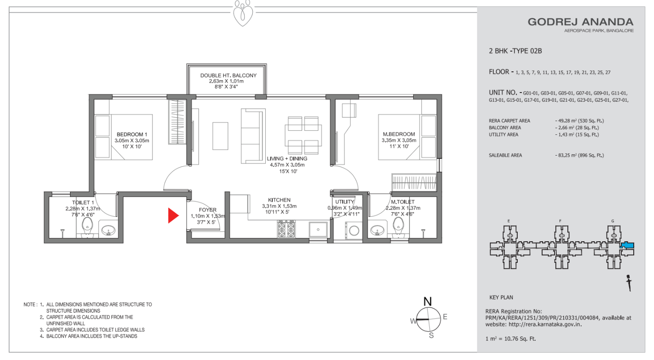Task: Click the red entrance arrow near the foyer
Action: pyautogui.click(x=173, y=215)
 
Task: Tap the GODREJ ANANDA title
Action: pyautogui.click(x=580, y=22)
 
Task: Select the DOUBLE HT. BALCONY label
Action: pyautogui.click(x=228, y=75)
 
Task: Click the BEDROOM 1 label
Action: pyautogui.click(x=132, y=134)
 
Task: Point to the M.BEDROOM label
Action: pyautogui.click(x=399, y=134)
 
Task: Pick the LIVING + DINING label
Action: pyautogui.click(x=287, y=158)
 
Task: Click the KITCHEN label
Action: pyautogui.click(x=279, y=200)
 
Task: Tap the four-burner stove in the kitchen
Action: pyautogui.click(x=286, y=229)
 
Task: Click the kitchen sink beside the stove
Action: pyautogui.click(x=318, y=230)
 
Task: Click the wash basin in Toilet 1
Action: pyautogui.click(x=108, y=231)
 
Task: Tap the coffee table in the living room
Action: pyautogui.click(x=220, y=136)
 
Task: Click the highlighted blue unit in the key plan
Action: pyautogui.click(x=627, y=245)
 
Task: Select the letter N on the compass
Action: pyautogui.click(x=427, y=302)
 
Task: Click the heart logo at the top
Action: pyautogui.click(x=243, y=13)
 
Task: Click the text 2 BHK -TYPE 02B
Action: pyautogui.click(x=515, y=51)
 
